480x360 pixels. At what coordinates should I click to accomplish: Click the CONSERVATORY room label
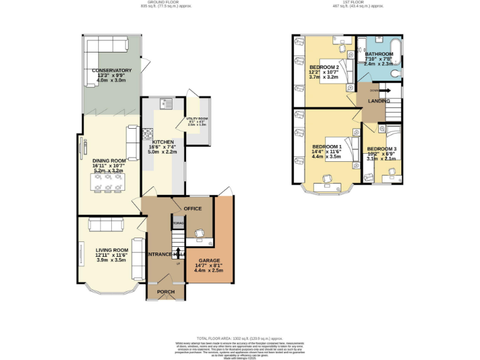click(112, 71)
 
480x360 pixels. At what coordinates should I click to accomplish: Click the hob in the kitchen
click(149, 134)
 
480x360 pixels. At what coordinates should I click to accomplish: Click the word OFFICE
click(192, 208)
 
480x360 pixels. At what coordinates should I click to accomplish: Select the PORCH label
click(166, 292)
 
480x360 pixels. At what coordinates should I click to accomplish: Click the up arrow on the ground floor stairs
click(179, 252)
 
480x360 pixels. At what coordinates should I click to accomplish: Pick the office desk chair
click(199, 233)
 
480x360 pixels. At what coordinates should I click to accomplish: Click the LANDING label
click(379, 101)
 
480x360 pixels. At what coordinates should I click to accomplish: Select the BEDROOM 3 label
click(381, 148)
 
